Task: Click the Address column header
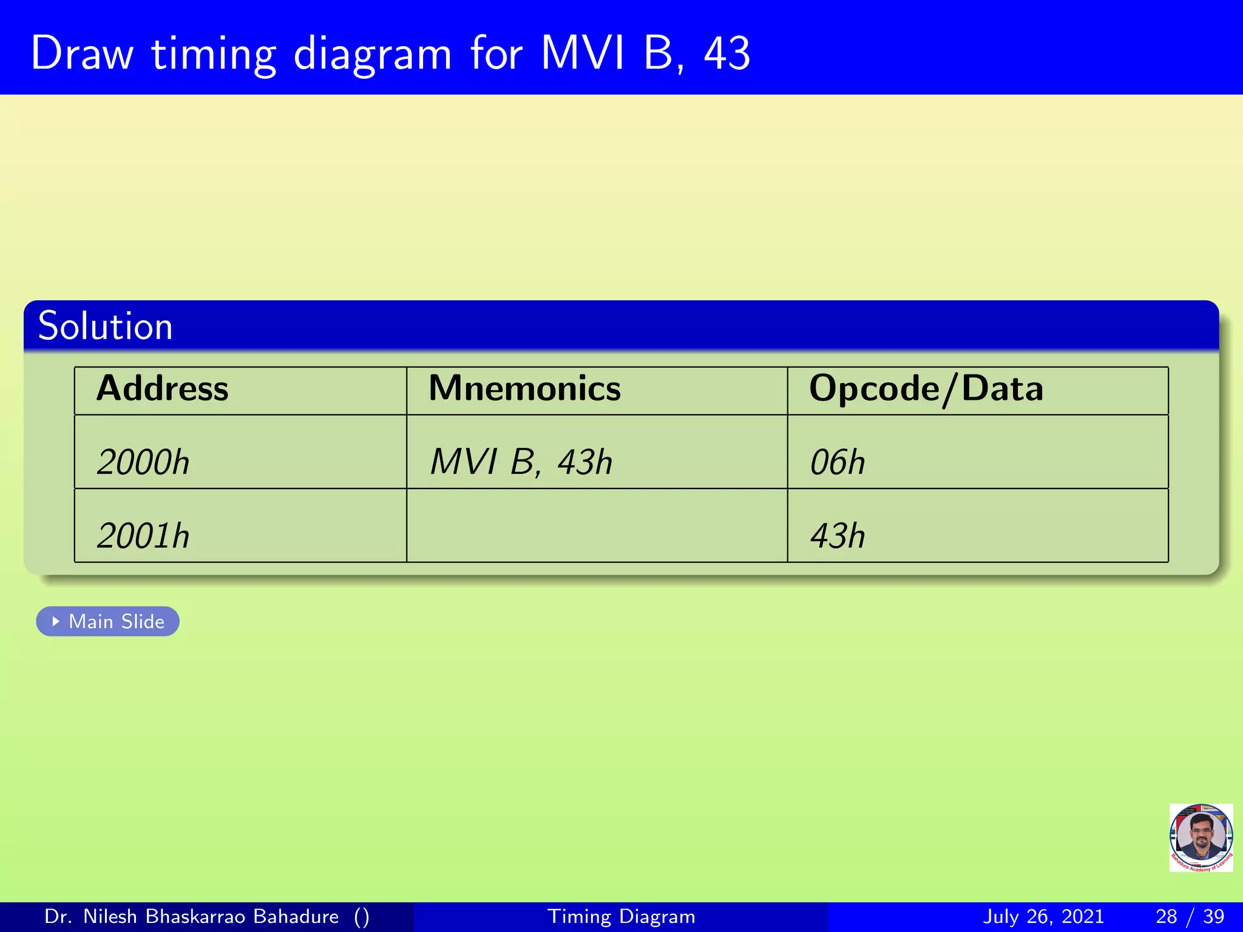(163, 388)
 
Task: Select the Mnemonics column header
(524, 388)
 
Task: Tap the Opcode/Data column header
(926, 388)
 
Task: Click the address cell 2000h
(143, 462)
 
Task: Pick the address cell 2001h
(143, 536)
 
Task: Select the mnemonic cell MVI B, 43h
(521, 462)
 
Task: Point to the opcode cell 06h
(838, 462)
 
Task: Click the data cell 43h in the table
(838, 536)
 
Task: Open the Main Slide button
(108, 621)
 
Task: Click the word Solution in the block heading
(105, 326)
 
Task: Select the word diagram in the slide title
(373, 55)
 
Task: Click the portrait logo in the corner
(1201, 838)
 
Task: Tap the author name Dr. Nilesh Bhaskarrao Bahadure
(192, 916)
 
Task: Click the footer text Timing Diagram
(621, 916)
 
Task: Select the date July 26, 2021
(1043, 916)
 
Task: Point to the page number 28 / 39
(1190, 916)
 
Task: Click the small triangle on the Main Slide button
(56, 621)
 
